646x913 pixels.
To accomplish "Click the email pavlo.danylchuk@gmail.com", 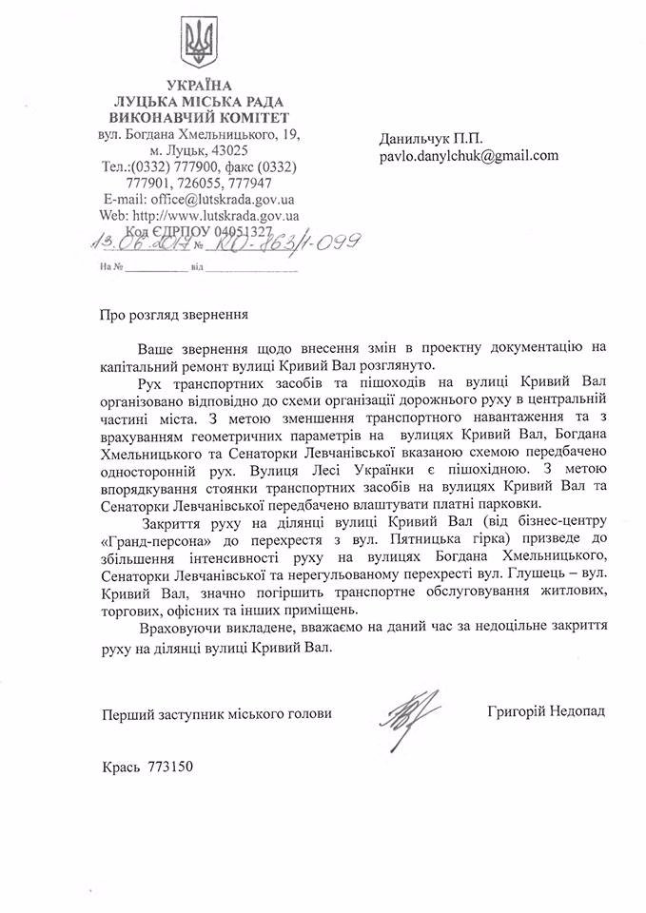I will (469, 157).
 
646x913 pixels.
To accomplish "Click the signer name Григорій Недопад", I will (544, 711).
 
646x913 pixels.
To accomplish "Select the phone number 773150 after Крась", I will (171, 766).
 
